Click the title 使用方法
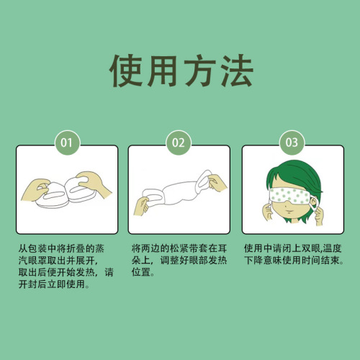click(x=181, y=71)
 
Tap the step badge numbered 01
click(x=67, y=143)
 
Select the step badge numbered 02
click(x=179, y=143)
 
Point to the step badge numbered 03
click(x=292, y=143)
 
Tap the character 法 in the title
click(x=236, y=71)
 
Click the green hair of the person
click(x=295, y=178)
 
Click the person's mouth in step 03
click(x=289, y=212)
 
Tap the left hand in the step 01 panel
click(x=36, y=189)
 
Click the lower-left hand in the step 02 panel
click(x=143, y=207)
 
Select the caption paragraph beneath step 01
click(x=66, y=266)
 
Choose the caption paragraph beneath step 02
click(x=179, y=260)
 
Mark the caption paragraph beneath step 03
click(x=294, y=254)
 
